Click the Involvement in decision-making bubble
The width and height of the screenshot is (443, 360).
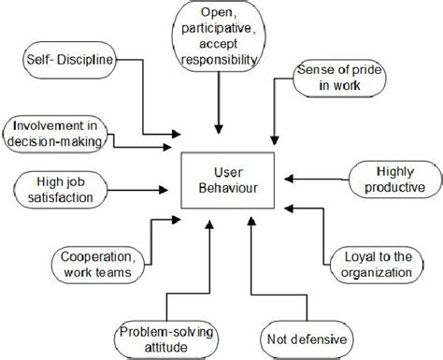[56, 132]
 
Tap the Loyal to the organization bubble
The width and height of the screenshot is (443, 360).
[374, 265]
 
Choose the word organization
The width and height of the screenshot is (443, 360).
[374, 273]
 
